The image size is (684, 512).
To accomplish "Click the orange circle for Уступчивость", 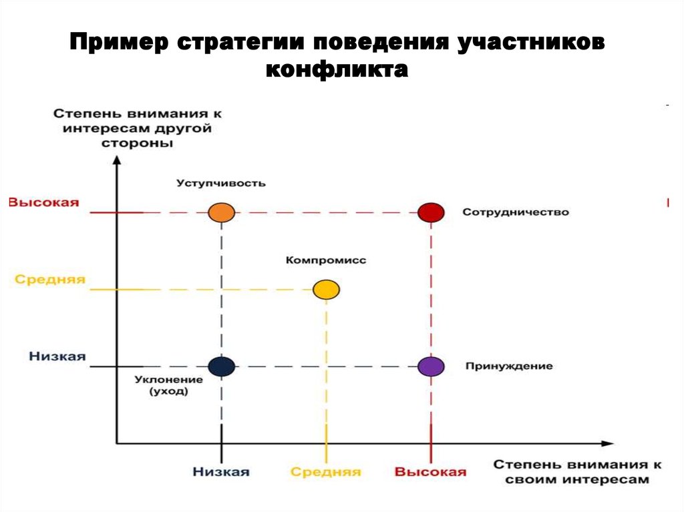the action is point(222,212).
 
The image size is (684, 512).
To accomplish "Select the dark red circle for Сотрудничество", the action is point(431,212).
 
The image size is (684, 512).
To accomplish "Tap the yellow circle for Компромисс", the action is point(326,290).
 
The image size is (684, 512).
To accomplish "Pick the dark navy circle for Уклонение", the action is point(222,366).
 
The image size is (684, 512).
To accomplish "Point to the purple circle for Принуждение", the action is point(431,366).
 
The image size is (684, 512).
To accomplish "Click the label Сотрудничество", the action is point(516,212).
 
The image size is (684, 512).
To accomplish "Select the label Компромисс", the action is point(326,260).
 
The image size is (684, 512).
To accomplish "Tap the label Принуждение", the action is point(509,366).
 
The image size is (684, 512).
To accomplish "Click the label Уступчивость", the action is point(221,183).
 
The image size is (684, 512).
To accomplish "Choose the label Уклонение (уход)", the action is point(169,385).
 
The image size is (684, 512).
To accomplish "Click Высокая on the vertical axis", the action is point(44,202).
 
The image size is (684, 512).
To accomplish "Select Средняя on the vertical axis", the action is point(50,280).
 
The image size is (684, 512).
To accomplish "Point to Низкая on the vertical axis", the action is point(57,356).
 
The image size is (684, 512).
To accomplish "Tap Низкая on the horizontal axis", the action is point(221,472).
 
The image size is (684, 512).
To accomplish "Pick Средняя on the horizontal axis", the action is point(326,472).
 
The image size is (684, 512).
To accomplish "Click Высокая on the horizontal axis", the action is point(431,472).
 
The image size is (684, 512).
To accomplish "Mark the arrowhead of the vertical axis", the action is point(116,160).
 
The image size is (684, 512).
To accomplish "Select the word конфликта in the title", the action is point(337,70).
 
